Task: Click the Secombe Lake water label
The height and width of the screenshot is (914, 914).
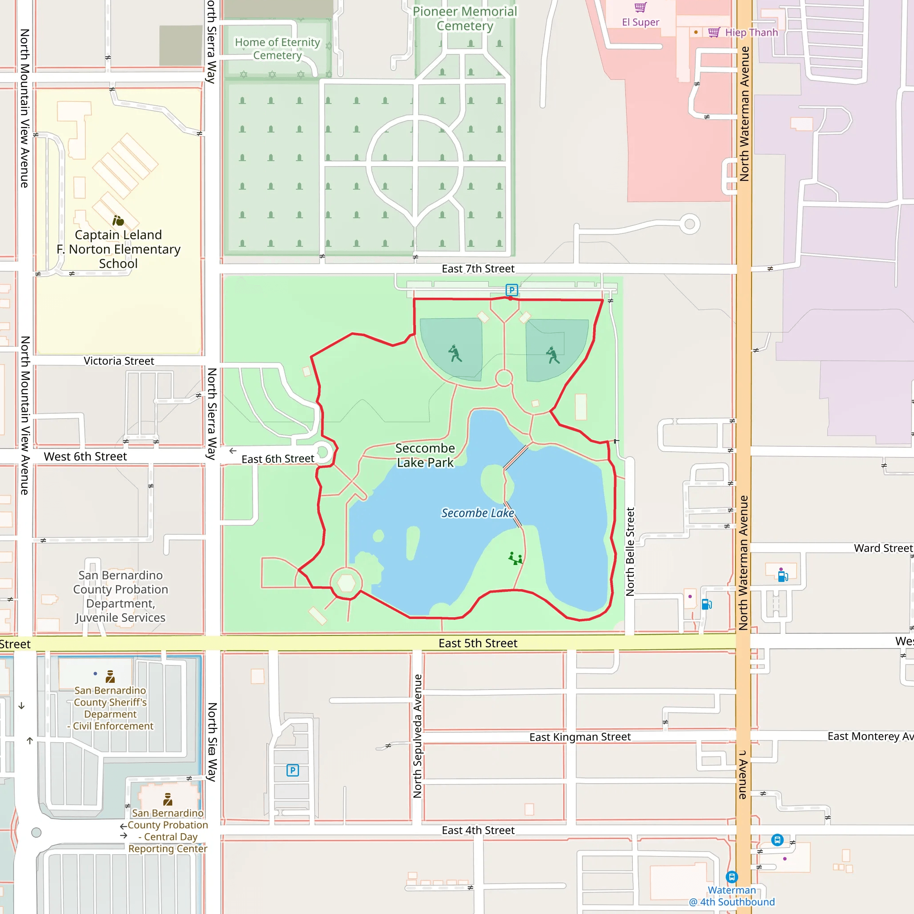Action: pos(478,513)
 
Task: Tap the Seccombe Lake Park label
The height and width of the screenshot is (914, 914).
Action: pos(425,455)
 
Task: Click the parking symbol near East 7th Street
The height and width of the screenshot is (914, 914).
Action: pos(511,290)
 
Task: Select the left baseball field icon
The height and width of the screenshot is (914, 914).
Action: pos(455,353)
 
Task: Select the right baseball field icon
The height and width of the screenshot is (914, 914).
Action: pos(553,355)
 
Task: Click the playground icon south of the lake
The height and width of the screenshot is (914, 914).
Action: pos(515,559)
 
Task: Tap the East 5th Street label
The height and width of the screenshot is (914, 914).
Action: pos(478,644)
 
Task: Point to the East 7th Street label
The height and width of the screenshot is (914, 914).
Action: pos(478,269)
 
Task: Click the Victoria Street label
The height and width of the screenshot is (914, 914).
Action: pos(119,361)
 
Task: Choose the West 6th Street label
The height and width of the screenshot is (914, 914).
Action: pos(85,457)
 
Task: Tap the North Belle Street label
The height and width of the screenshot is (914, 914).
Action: pos(630,552)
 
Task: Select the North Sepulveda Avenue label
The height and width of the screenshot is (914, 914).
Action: pos(417,736)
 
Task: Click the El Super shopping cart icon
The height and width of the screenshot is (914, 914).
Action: pos(640,7)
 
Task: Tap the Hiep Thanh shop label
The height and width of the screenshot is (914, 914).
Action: pos(751,33)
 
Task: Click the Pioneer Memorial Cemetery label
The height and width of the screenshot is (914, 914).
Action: pos(465,18)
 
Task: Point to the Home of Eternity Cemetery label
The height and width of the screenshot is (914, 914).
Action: pos(278,49)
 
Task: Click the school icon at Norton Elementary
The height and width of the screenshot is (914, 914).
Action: pos(118,220)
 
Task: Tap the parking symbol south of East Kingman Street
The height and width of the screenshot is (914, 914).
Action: pos(293,771)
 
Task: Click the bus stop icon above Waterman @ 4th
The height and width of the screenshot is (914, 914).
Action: pos(732,877)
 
